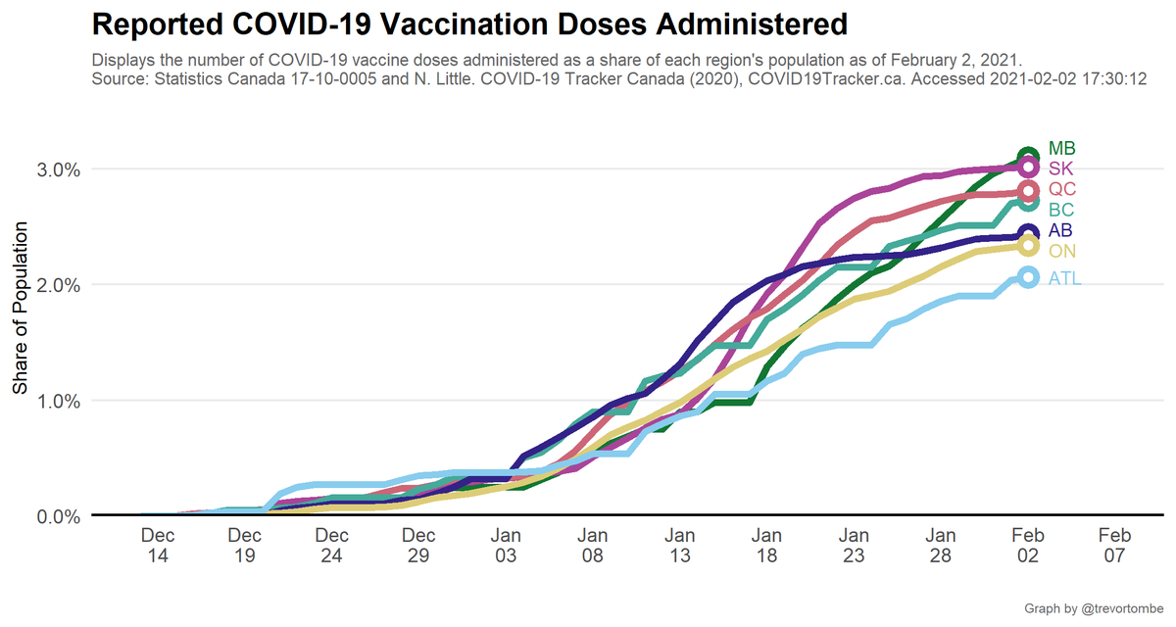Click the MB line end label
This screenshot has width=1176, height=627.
(x=1061, y=149)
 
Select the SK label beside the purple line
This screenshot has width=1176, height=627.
(x=1060, y=169)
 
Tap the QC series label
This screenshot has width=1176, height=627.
(x=1061, y=189)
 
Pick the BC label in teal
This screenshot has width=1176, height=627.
(x=1060, y=210)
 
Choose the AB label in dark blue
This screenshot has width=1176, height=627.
(x=1060, y=231)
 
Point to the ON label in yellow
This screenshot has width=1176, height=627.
(x=1061, y=251)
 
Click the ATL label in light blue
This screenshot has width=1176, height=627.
(x=1064, y=278)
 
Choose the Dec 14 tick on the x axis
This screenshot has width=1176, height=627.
(x=158, y=546)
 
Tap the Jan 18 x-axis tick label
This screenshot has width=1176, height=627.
(x=766, y=546)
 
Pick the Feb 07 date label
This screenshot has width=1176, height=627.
(x=1114, y=546)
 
